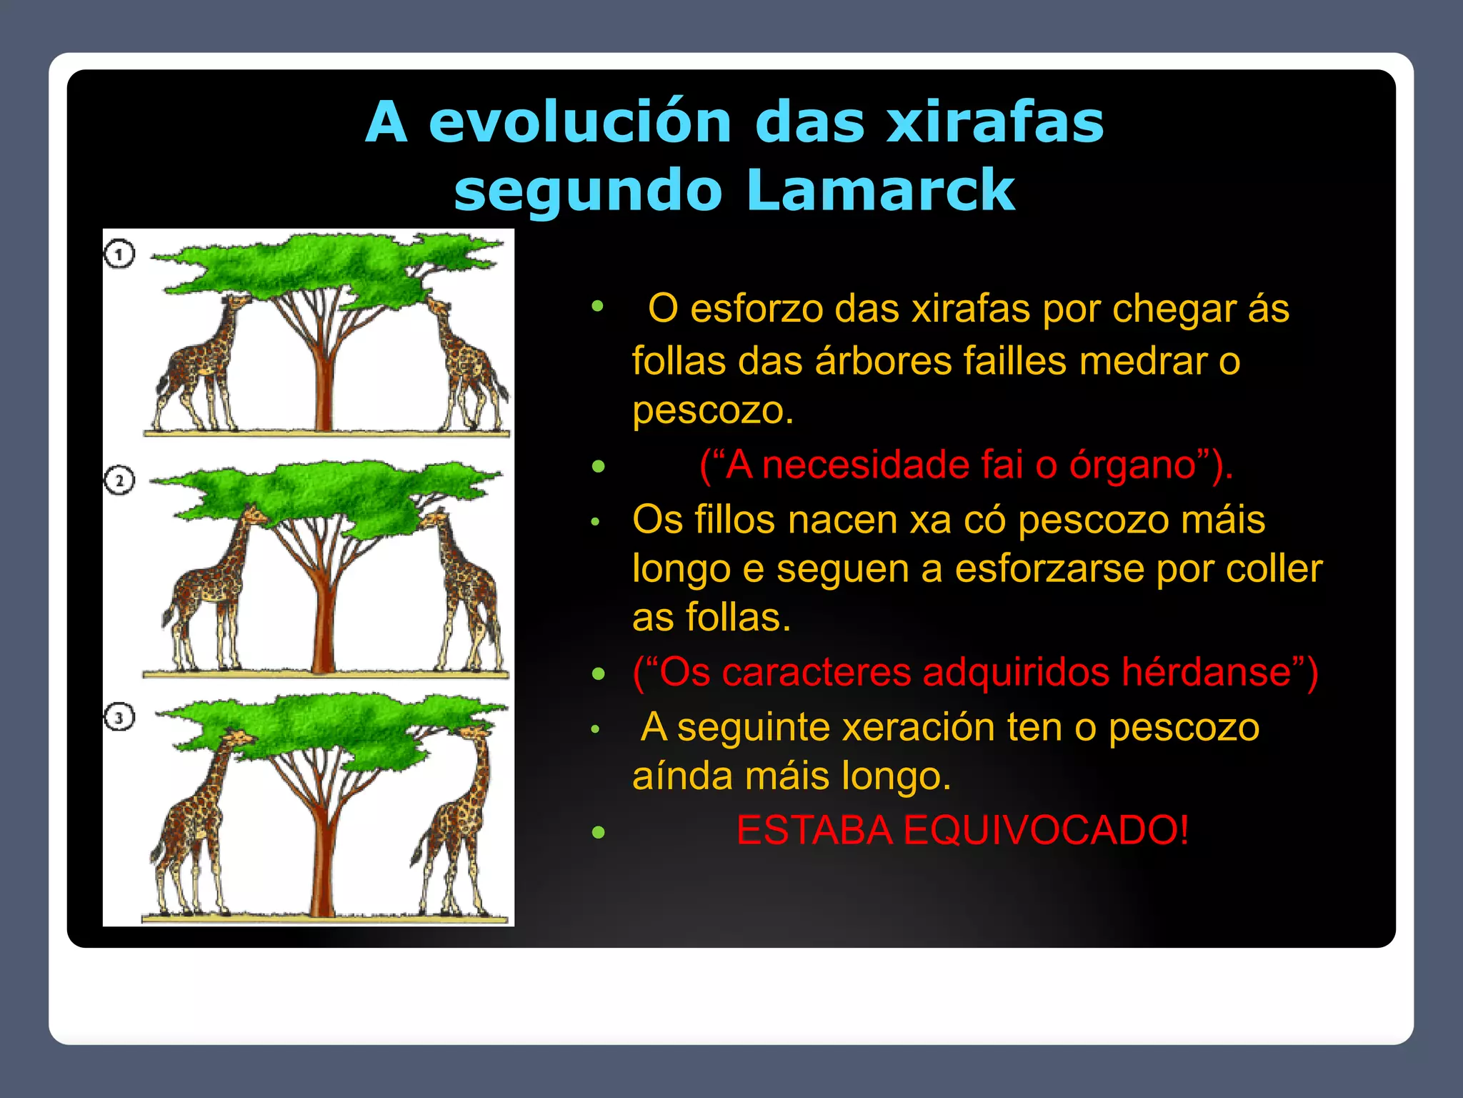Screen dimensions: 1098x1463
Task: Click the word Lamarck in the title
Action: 880,189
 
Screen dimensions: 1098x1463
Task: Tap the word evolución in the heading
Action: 580,122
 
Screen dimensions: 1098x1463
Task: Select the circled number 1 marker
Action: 119,254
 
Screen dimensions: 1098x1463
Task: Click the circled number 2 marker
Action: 119,480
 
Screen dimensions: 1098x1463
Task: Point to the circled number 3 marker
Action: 119,717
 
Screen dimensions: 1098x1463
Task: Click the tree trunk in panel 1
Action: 324,386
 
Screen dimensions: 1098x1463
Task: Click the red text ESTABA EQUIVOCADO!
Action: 962,831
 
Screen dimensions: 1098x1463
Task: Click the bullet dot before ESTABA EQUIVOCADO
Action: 599,832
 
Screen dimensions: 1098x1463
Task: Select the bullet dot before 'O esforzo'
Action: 598,307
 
